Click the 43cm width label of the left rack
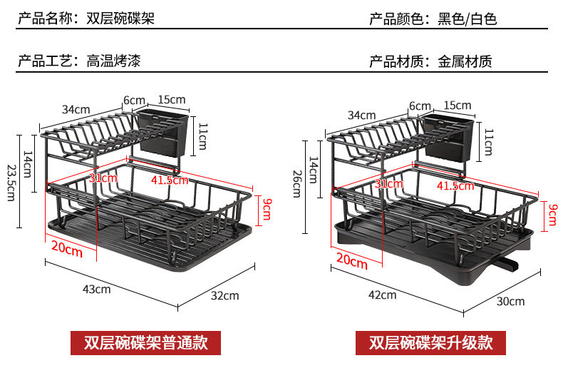98,289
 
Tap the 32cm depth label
224,295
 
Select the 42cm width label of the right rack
382,295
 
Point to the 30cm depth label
510,301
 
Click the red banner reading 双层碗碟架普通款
145,342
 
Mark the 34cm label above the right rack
361,115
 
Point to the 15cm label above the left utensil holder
171,99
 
